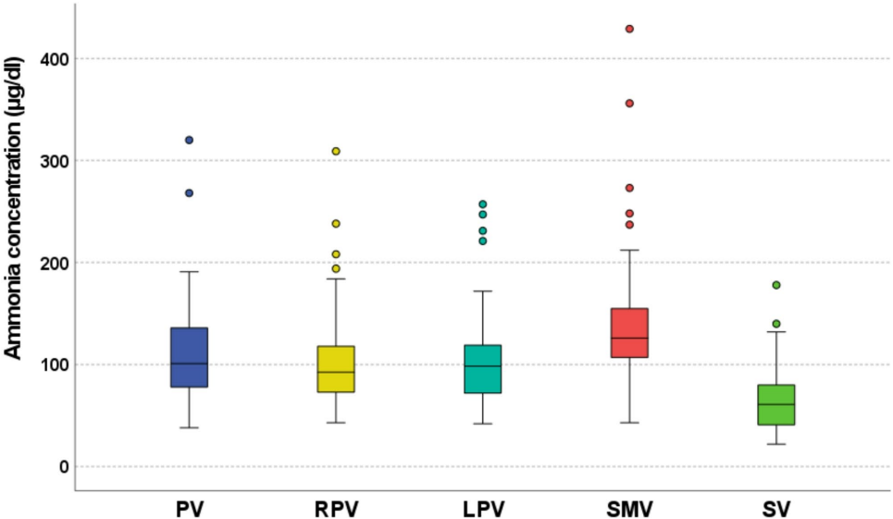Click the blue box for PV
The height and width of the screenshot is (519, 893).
click(x=189, y=357)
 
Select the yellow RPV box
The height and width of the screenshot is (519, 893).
click(x=336, y=368)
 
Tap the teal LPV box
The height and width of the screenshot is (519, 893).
click(x=482, y=368)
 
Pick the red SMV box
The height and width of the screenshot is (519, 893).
click(x=629, y=332)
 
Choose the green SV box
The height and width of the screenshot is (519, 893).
click(x=775, y=404)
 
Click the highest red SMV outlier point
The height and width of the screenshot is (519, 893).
click(x=629, y=29)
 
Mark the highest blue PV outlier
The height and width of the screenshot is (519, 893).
click(x=189, y=140)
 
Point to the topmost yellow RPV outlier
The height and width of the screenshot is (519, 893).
click(x=336, y=151)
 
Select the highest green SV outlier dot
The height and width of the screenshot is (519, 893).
click(x=775, y=285)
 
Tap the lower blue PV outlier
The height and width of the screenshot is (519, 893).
click(x=189, y=193)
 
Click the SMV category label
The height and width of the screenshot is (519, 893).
click(x=629, y=509)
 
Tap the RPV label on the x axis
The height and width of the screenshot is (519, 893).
click(x=336, y=509)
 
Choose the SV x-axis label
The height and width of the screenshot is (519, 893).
click(x=775, y=509)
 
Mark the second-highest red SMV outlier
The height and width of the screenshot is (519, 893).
click(x=629, y=104)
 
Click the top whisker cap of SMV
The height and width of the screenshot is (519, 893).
click(x=629, y=250)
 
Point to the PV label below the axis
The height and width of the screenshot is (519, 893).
click(x=189, y=509)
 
